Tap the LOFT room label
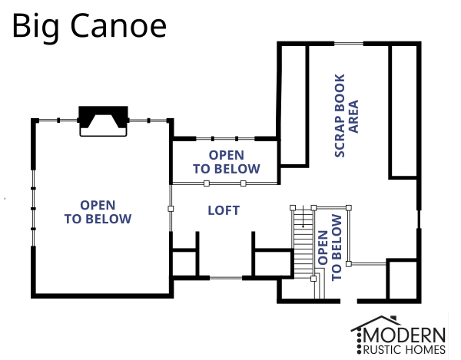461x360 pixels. pyautogui.click(x=224, y=210)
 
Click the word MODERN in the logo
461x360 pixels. pyautogui.click(x=410, y=335)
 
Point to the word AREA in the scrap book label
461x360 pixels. pyautogui.click(x=354, y=116)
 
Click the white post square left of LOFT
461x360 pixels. pyautogui.click(x=171, y=208)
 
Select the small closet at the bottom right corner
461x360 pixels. pyautogui.click(x=401, y=280)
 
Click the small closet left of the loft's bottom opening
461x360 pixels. pyautogui.click(x=184, y=263)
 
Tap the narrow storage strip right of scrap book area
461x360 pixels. pyautogui.click(x=403, y=111)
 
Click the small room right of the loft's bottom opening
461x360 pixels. pyautogui.click(x=273, y=263)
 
